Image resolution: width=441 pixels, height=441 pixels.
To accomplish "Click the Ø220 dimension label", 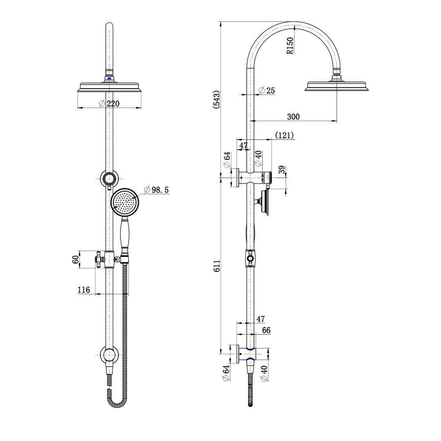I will [x=109, y=104].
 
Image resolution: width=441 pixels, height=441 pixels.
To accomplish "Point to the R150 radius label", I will [x=290, y=46].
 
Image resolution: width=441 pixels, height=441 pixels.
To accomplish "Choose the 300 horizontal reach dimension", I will [x=293, y=117].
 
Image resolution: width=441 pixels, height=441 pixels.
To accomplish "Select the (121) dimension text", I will [x=284, y=135].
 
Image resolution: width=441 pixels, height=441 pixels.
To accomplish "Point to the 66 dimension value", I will [x=266, y=330].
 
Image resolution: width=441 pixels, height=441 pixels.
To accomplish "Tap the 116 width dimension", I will [x=83, y=290].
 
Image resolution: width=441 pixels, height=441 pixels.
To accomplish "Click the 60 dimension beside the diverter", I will [x=75, y=259].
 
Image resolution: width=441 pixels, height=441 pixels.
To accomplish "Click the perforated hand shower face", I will [x=125, y=202].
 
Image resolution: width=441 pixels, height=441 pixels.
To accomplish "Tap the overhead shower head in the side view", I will [x=337, y=87].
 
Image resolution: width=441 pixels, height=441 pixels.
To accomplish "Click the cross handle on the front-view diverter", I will [x=98, y=259].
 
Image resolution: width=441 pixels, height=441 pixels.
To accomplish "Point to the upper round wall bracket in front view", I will [x=109, y=179].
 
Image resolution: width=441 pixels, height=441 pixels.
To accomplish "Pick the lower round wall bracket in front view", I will [x=109, y=355].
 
